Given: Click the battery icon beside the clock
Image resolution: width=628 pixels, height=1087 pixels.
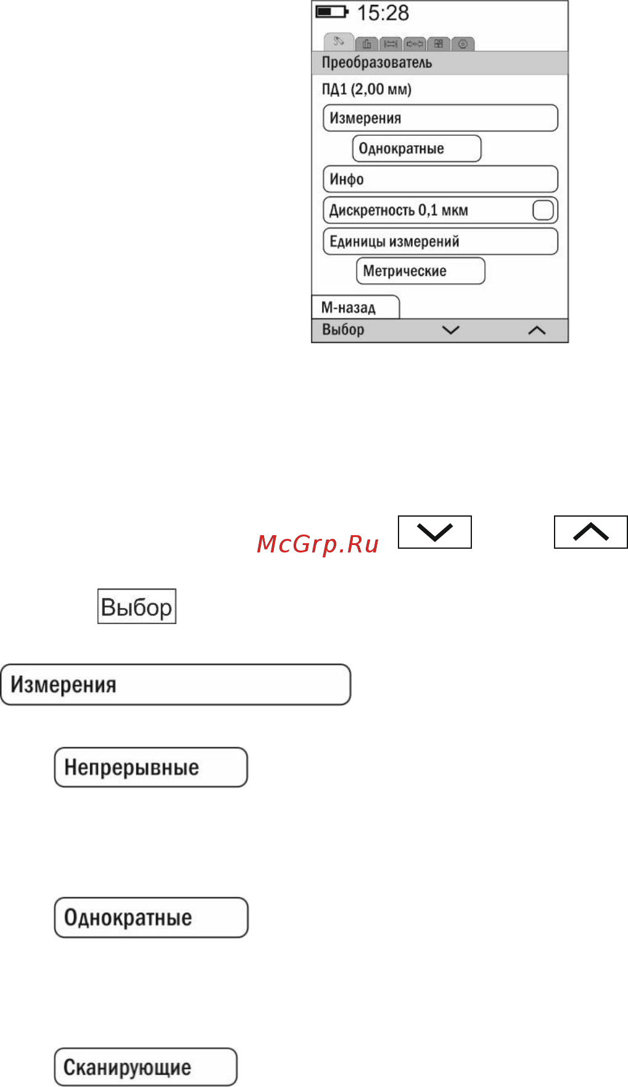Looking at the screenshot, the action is (332, 12).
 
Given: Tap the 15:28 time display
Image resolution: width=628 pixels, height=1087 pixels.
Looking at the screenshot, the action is (383, 13).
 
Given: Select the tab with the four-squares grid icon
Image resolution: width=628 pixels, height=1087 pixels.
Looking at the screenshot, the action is (439, 44).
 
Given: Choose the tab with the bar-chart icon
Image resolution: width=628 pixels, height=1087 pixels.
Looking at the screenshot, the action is (367, 44).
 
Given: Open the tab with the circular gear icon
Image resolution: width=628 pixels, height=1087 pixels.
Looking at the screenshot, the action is (463, 44).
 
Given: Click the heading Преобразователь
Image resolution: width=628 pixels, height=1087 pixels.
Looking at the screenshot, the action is (377, 62).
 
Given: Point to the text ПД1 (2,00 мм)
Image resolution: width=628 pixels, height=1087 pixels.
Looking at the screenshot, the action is (366, 90).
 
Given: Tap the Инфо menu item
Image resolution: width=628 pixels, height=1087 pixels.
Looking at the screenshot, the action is (440, 179).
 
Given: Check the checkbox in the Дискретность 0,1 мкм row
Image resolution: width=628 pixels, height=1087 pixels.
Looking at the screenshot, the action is (543, 210).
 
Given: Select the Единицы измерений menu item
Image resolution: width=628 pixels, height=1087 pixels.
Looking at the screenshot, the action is (440, 241).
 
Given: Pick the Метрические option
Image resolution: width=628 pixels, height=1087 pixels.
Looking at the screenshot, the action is (421, 271).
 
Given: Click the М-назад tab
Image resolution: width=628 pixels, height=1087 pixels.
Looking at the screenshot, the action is (356, 307).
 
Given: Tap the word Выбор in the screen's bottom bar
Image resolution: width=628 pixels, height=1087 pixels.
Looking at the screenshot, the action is (343, 330).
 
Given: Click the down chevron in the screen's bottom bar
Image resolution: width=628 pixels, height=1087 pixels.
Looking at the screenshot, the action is (451, 330).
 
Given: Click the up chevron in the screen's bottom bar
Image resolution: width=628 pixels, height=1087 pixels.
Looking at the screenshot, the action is (537, 330).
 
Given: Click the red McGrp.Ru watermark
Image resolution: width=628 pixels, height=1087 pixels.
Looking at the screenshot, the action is (318, 544).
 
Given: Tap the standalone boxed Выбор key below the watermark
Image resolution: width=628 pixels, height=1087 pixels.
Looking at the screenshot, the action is (137, 606).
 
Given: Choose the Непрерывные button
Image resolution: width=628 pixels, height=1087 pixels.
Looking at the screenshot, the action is (151, 767).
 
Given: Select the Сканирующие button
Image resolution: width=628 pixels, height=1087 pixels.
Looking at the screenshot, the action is (146, 1067).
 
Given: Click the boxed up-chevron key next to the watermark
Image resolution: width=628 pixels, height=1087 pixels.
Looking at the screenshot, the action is (591, 532).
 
